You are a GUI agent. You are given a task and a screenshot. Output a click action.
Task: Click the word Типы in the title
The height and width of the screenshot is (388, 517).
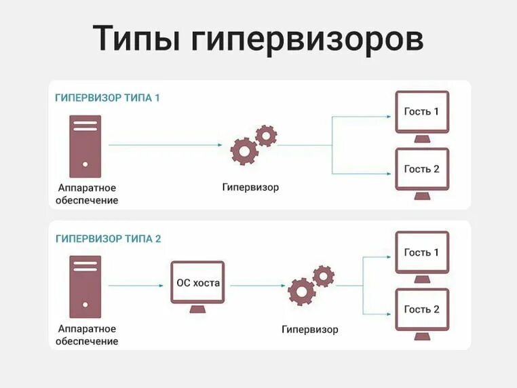pos(135,39)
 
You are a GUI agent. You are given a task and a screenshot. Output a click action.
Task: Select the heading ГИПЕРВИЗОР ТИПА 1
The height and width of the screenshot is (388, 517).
pos(107,98)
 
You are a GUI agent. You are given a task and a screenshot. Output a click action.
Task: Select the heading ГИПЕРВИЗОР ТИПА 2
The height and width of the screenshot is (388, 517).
pos(108,239)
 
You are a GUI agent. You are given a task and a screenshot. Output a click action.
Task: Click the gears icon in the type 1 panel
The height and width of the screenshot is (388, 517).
pos(253,144)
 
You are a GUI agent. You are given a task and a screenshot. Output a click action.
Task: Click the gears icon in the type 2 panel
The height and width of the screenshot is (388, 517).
pos(311,285)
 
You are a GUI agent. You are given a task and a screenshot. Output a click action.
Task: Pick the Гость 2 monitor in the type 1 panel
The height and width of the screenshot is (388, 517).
pos(421,171)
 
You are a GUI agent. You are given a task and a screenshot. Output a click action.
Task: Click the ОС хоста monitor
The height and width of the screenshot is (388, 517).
pos(198,285)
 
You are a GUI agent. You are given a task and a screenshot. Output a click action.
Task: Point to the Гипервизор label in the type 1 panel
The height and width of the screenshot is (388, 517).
pos(250,187)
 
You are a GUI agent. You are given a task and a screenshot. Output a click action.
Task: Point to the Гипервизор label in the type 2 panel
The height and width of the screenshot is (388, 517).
pos(310,330)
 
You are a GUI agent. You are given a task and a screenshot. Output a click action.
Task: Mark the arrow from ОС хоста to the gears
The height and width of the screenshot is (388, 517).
pos(256,286)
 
